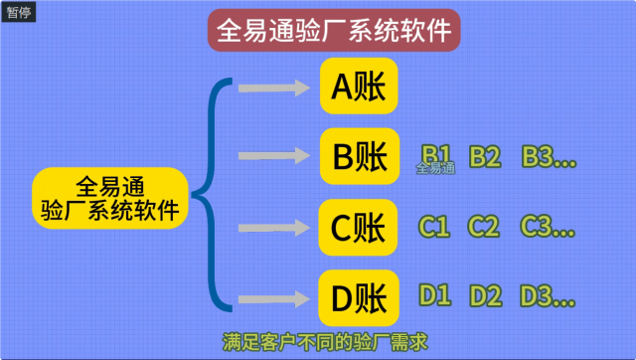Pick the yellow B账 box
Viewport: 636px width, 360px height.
(359, 157)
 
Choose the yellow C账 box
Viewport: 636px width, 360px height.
(359, 228)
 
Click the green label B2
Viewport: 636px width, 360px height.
(485, 156)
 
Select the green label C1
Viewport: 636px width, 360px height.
(434, 227)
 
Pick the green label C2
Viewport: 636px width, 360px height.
(485, 227)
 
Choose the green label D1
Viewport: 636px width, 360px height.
(434, 295)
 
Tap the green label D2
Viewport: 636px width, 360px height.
(485, 295)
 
